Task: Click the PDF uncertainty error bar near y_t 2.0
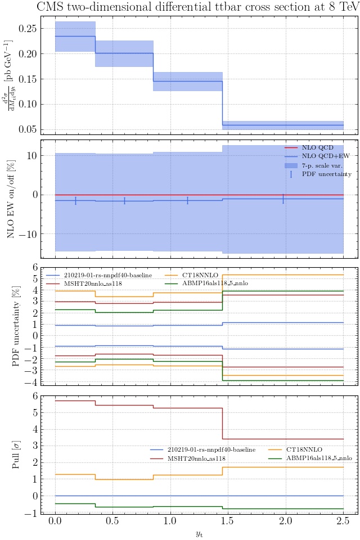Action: pos(283,199)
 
